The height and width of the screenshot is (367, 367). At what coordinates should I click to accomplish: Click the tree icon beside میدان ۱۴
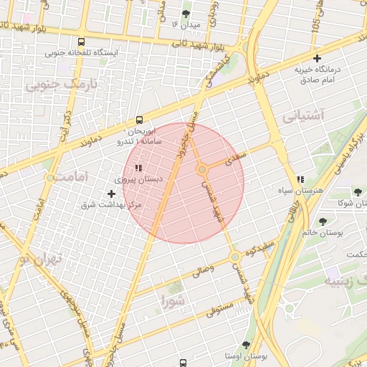click(186, 14)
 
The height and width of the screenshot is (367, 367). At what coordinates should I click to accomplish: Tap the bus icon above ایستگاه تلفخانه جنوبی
click(82, 42)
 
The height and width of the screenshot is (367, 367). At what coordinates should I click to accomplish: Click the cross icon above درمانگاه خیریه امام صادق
click(318, 58)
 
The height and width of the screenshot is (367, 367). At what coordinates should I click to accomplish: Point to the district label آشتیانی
click(303, 115)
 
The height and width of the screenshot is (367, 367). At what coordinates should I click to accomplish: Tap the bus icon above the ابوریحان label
click(139, 120)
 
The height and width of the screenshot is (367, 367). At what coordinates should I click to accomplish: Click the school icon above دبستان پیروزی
click(138, 168)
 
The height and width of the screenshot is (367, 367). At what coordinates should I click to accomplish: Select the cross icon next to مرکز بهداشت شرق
click(111, 194)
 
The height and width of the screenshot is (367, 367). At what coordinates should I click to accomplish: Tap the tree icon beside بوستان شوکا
click(358, 191)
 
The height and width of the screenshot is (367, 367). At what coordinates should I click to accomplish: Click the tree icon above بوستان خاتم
click(322, 221)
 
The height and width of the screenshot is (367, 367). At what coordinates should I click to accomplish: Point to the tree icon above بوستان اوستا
click(246, 345)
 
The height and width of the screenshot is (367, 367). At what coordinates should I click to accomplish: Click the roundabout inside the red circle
click(202, 169)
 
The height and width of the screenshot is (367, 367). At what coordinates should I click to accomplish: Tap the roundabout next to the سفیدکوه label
click(235, 256)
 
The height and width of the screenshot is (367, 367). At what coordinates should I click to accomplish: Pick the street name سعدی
click(236, 157)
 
